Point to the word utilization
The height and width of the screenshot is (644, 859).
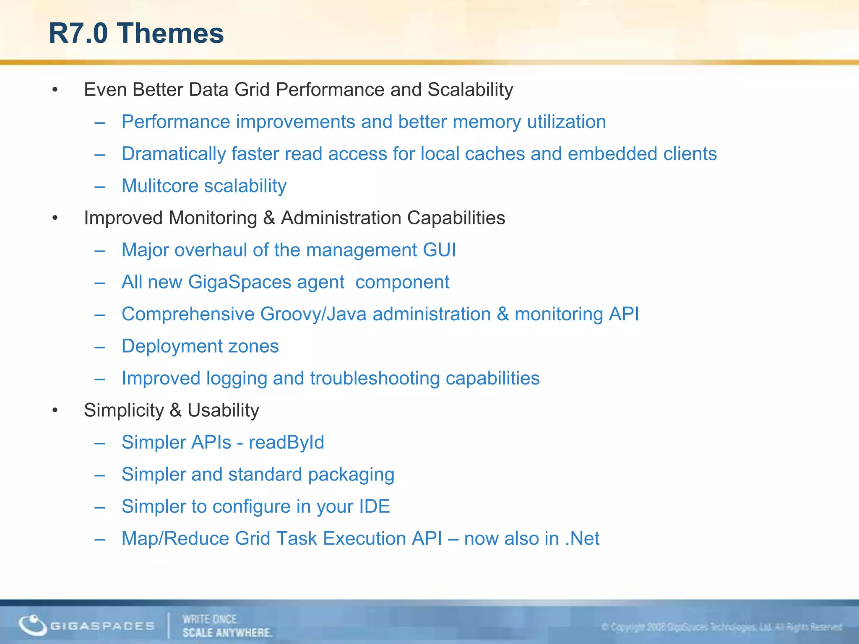pyautogui.click(x=566, y=122)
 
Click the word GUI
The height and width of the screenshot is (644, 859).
pyautogui.click(x=439, y=250)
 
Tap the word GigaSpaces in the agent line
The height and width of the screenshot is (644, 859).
pyautogui.click(x=239, y=282)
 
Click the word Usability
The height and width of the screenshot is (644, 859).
pyautogui.click(x=223, y=410)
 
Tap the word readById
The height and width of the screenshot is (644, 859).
pyautogui.click(x=286, y=443)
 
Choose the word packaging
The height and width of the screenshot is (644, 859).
pyautogui.click(x=351, y=475)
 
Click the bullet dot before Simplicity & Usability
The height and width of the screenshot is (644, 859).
pyautogui.click(x=55, y=410)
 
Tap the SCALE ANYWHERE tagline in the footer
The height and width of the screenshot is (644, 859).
pyautogui.click(x=227, y=633)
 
